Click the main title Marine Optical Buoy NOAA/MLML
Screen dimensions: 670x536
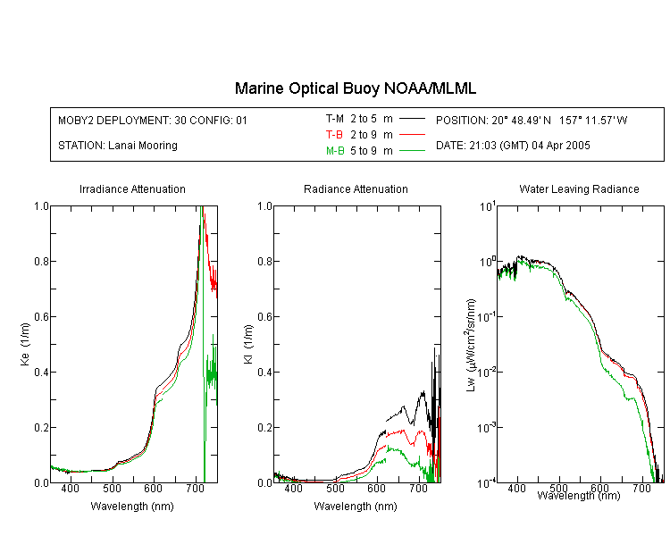(x=355, y=88)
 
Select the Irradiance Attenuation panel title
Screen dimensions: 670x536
(x=132, y=188)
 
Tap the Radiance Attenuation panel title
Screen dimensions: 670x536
(x=356, y=188)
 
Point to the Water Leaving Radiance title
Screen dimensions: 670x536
(x=579, y=188)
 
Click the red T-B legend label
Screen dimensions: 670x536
(x=334, y=135)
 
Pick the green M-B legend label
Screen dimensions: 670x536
(x=335, y=150)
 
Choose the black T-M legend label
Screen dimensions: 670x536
(x=335, y=119)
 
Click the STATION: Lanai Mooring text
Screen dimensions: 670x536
(x=118, y=146)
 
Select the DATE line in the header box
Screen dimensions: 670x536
(x=513, y=146)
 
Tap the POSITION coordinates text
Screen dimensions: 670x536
(x=532, y=120)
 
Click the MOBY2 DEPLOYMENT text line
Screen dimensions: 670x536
(x=153, y=120)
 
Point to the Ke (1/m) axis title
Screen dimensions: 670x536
(x=25, y=344)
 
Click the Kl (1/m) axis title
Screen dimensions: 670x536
(x=248, y=344)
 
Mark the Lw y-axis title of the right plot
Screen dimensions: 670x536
(x=471, y=345)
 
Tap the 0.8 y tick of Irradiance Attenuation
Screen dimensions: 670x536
(x=41, y=261)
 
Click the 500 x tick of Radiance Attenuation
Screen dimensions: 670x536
(x=335, y=488)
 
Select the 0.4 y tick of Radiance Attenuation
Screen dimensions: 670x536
(x=265, y=372)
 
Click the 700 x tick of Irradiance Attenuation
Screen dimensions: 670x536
(x=196, y=488)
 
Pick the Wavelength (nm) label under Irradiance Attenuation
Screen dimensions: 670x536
(x=132, y=507)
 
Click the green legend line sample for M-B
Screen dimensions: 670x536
(x=412, y=150)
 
